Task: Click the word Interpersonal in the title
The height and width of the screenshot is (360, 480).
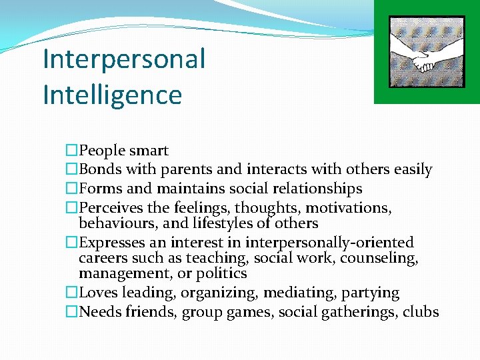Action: (x=123, y=59)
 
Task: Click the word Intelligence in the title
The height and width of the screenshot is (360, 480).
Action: (x=112, y=95)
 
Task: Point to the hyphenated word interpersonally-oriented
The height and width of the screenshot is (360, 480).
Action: (x=329, y=243)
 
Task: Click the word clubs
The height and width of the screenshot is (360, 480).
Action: (x=421, y=311)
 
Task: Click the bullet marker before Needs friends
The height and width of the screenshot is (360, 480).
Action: (x=72, y=311)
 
